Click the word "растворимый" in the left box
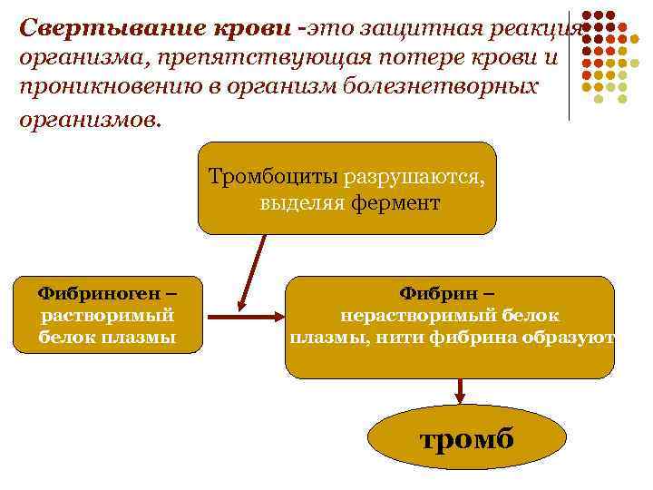(108, 316)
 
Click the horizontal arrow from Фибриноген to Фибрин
(246, 317)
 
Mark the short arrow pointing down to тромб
(461, 391)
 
